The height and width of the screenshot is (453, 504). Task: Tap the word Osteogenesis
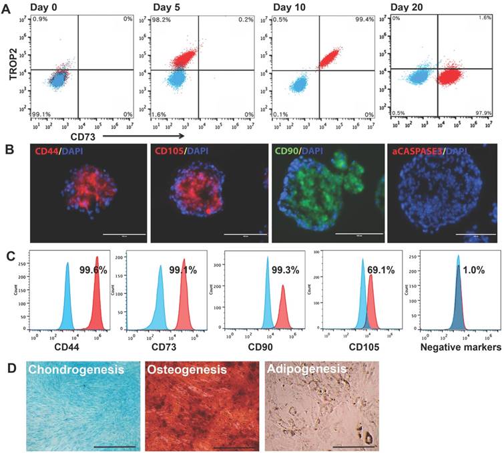click(x=188, y=369)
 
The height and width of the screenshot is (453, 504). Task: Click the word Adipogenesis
click(x=306, y=369)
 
